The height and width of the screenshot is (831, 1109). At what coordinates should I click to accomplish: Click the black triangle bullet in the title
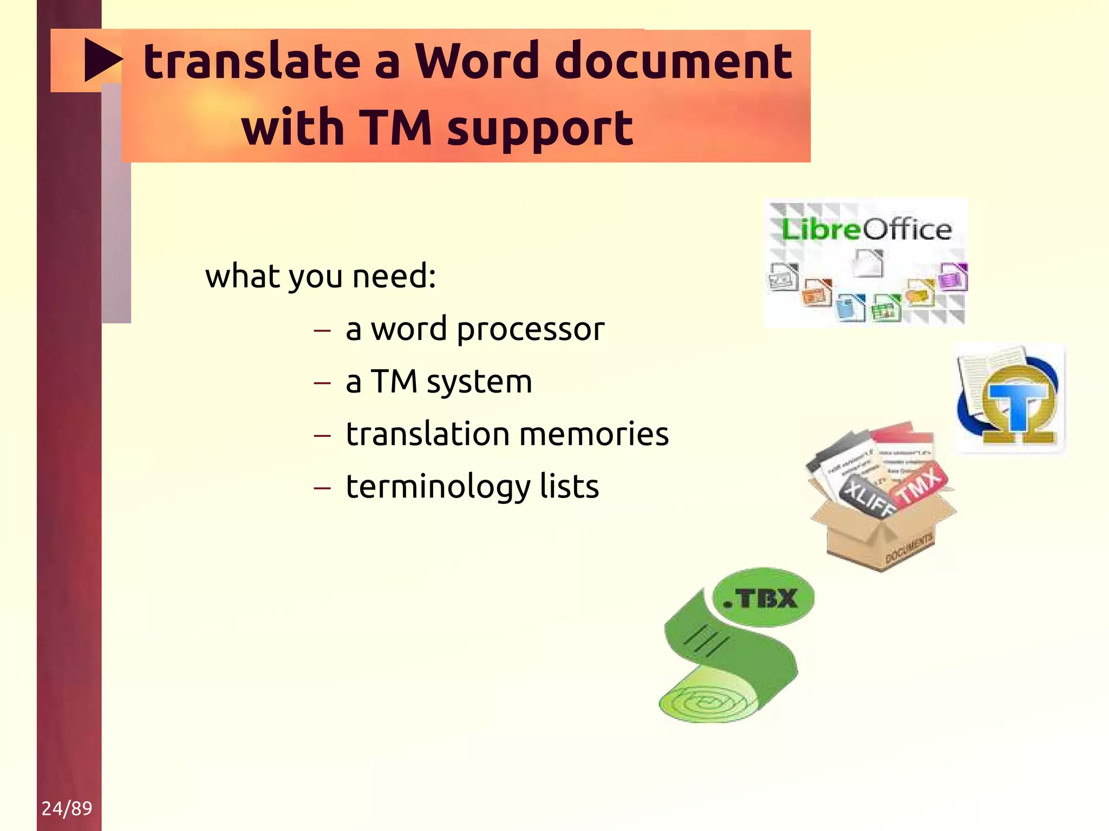point(102,60)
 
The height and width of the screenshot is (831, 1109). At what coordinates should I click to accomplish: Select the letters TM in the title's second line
point(395,128)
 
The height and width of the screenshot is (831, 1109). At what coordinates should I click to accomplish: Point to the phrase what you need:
point(321,276)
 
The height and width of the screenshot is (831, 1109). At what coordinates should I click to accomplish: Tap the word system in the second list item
point(479,382)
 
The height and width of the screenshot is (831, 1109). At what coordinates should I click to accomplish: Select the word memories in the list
point(594,434)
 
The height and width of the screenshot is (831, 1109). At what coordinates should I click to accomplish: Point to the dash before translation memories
point(322,435)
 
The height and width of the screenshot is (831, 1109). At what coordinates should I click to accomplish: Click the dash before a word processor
point(322,330)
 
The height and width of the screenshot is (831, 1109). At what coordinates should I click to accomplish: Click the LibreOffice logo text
point(866,230)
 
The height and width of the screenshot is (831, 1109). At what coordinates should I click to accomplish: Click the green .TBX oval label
point(763,598)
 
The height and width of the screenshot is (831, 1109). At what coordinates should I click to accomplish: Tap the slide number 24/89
point(67,808)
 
